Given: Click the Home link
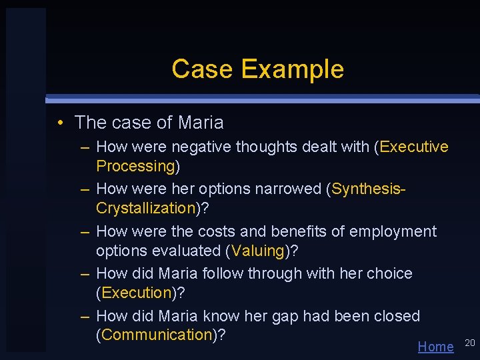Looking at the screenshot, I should (435, 347).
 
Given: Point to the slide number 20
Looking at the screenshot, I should (469, 343).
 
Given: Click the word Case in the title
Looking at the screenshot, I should (203, 69).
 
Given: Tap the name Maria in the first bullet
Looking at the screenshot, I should (201, 123).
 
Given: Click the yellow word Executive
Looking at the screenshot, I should (414, 147).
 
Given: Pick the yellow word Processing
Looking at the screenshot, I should (135, 166).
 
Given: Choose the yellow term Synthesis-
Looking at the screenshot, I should (368, 189).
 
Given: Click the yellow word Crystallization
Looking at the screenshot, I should (145, 208).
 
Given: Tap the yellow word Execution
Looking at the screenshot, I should (136, 293).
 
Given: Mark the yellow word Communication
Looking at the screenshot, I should (156, 335).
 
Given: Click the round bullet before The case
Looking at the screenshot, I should (60, 123).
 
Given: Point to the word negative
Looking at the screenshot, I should (197, 147).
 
